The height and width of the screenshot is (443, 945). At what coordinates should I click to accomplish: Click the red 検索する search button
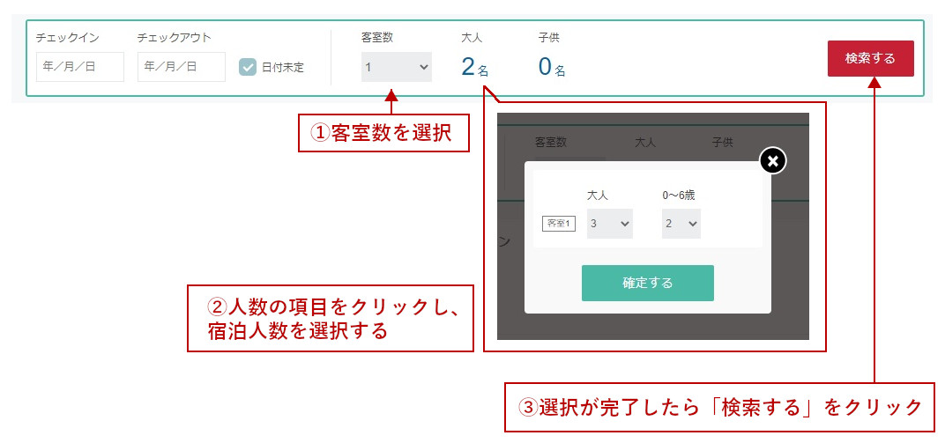click(870, 58)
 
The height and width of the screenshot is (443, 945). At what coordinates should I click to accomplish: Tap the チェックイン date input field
click(80, 67)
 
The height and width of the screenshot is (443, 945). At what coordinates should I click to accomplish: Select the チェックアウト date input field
click(182, 67)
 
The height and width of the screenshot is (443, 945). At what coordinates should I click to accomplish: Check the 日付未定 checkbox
click(248, 68)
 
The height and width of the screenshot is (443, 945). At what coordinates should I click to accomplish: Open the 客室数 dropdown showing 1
click(397, 67)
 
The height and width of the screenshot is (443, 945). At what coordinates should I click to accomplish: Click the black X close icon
click(773, 160)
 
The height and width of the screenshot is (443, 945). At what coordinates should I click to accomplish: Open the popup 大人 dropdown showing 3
click(610, 224)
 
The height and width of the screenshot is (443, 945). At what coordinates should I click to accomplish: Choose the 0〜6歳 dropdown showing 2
click(681, 224)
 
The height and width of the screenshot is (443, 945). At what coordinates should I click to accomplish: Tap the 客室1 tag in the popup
click(559, 224)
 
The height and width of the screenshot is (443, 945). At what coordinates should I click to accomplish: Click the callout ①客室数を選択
click(384, 133)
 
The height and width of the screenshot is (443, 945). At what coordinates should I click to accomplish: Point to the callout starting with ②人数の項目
click(331, 319)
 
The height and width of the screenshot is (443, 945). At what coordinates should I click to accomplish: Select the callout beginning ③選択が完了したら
click(719, 408)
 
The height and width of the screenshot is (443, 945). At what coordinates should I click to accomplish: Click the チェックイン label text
click(68, 38)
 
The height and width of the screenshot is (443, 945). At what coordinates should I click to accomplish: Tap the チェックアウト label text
click(175, 38)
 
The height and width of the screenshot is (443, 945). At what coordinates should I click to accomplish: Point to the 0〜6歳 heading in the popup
click(679, 195)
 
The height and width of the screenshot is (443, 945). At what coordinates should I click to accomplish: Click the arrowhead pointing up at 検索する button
click(874, 83)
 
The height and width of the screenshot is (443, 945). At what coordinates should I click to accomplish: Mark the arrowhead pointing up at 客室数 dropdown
click(391, 95)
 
